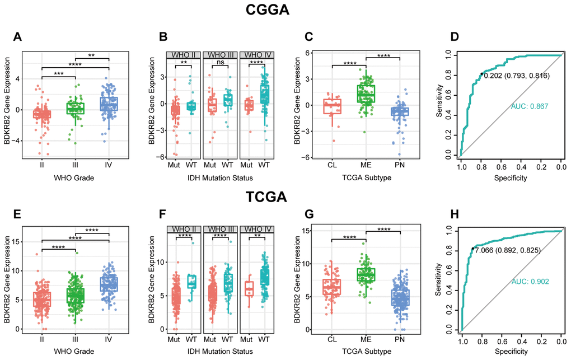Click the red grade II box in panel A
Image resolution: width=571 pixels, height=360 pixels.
coord(42,114)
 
